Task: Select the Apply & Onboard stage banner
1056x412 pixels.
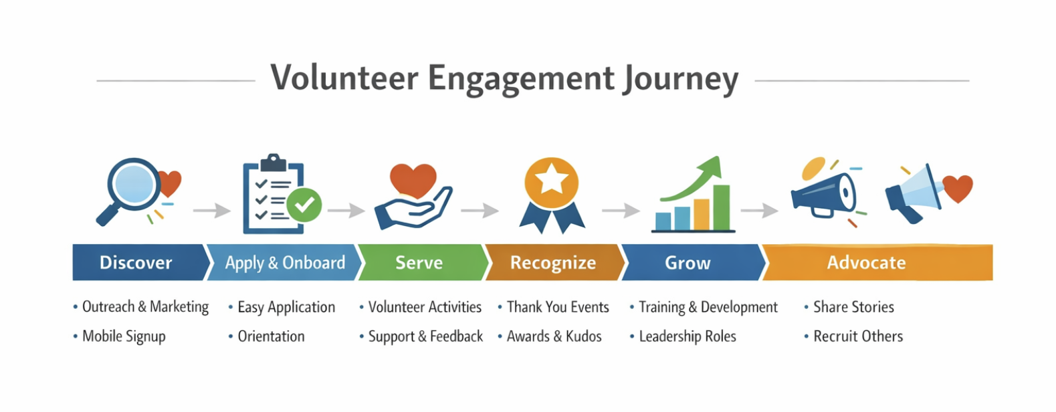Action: [284, 263]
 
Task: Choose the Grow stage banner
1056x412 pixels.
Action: [693, 263]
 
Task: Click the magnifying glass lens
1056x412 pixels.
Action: [134, 184]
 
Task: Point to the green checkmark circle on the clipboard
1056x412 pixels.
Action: [304, 205]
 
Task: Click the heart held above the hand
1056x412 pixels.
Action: [413, 180]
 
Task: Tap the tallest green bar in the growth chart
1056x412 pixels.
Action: [722, 207]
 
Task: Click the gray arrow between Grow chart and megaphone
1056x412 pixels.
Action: [759, 210]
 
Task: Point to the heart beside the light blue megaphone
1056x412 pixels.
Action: [958, 188]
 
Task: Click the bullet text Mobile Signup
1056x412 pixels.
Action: [124, 336]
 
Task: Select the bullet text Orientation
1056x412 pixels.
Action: [271, 336]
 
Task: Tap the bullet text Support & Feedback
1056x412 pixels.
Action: [426, 336]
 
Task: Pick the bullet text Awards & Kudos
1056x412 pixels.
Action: [554, 336]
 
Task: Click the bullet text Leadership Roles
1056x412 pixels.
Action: [688, 336]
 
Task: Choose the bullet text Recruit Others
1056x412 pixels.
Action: [858, 336]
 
